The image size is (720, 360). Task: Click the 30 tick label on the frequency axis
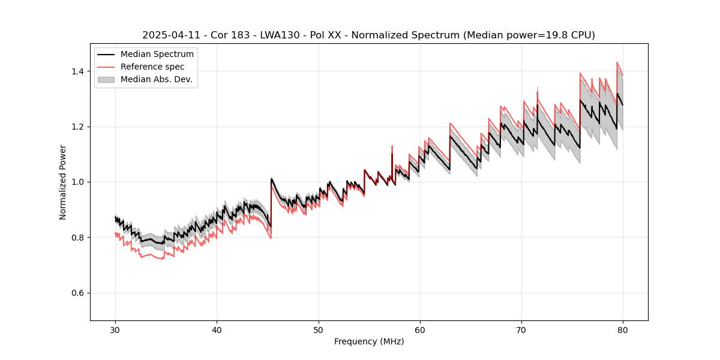click(115, 329)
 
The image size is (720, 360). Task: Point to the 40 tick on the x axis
click(217, 329)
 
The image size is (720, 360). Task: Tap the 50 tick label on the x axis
click(319, 329)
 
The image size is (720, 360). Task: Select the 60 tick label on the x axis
click(420, 329)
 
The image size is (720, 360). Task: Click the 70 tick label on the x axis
click(521, 329)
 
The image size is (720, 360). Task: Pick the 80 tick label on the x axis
click(623, 329)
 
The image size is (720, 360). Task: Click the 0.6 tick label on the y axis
click(78, 293)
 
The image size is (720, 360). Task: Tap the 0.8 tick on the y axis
click(78, 238)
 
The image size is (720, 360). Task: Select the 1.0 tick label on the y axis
click(78, 182)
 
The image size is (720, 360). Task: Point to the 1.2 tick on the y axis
click(78, 127)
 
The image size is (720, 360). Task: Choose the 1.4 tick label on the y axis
click(78, 71)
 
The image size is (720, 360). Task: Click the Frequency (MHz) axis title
click(369, 341)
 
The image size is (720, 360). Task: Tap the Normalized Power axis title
click(63, 182)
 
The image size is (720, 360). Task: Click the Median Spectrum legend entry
click(157, 55)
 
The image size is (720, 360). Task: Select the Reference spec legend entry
click(152, 67)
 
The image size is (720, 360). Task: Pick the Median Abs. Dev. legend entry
click(156, 80)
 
